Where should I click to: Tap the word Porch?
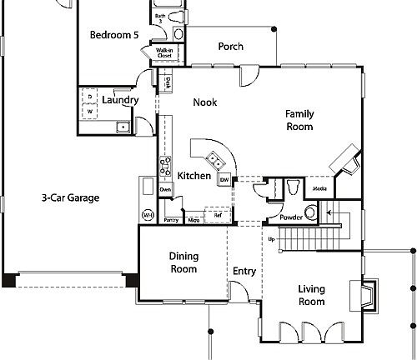pyautogui.click(x=230, y=47)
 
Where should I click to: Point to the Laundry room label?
pyautogui.click(x=120, y=101)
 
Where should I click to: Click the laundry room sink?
pyautogui.click(x=122, y=127)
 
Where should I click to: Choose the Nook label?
pyautogui.click(x=204, y=102)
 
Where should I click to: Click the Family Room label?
pyautogui.click(x=299, y=120)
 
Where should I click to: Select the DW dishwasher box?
pyautogui.click(x=224, y=181)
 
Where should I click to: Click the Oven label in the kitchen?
pyautogui.click(x=165, y=190)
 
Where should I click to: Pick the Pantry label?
pyautogui.click(x=171, y=220)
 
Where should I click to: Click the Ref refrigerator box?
pyautogui.click(x=217, y=214)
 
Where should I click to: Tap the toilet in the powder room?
pyautogui.click(x=289, y=188)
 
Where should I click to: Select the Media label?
pyautogui.click(x=319, y=189)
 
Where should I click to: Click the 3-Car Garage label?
pyautogui.click(x=71, y=198)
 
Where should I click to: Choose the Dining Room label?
pyautogui.click(x=183, y=262)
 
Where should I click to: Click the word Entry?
pyautogui.click(x=244, y=271)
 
